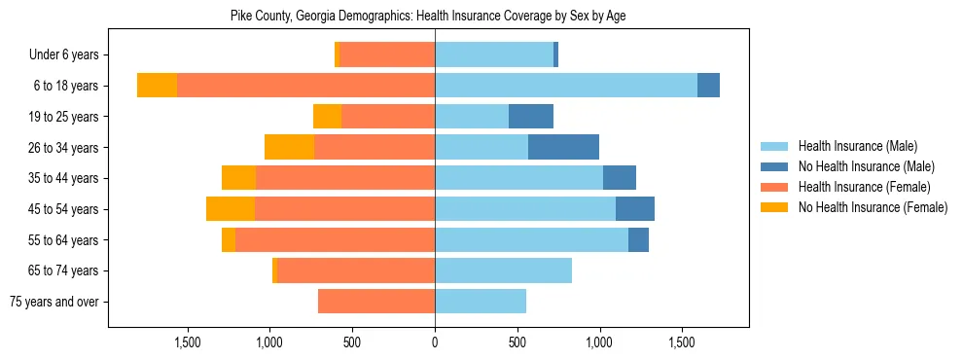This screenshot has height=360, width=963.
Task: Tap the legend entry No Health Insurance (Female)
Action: [x=873, y=207]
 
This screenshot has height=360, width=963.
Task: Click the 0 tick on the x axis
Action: [x=435, y=342]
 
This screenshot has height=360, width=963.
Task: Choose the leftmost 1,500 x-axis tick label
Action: [x=187, y=342]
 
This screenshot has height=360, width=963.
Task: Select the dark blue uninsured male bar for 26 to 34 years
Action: [x=563, y=147]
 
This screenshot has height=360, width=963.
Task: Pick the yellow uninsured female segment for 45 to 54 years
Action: [x=231, y=209]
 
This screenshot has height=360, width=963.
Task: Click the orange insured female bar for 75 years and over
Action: [x=376, y=302]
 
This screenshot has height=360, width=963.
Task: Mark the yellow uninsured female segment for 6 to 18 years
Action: [x=157, y=86]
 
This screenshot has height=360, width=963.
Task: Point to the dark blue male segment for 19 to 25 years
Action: [x=531, y=117]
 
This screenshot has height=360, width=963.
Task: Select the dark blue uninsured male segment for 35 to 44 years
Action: [x=620, y=178]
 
